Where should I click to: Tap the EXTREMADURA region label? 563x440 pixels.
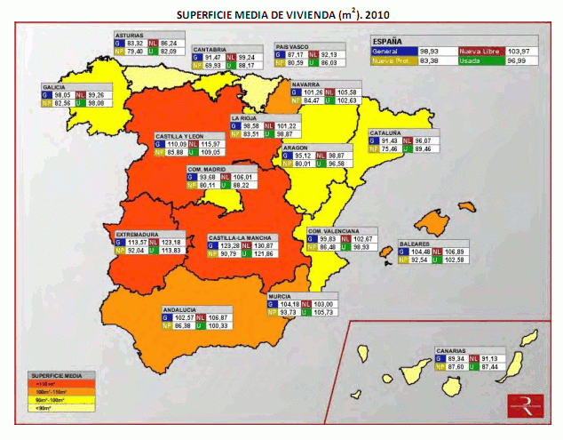click(137, 234)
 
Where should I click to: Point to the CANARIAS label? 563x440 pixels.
click(452, 349)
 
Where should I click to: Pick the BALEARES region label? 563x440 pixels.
click(416, 243)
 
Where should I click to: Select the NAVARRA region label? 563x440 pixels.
click(306, 83)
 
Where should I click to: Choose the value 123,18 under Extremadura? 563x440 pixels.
click(170, 242)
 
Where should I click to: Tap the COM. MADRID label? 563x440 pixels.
click(206, 168)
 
